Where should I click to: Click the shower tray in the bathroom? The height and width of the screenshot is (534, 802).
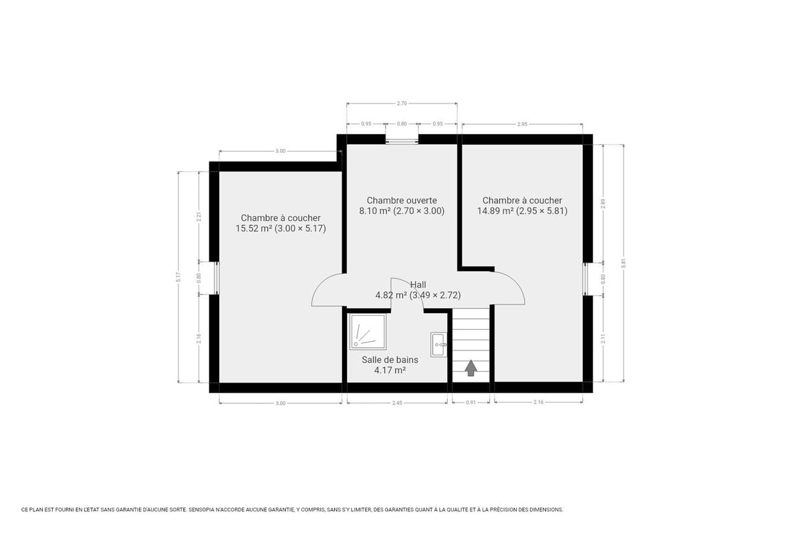pos(368,332)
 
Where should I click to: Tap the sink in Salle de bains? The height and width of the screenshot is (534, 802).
pos(439,344)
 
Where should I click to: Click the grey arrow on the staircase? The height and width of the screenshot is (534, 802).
pos(471,368)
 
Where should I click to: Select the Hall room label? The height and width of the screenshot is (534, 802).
pos(418,285)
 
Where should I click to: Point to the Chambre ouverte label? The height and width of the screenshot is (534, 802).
pos(402,200)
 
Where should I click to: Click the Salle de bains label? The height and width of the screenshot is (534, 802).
pos(390,360)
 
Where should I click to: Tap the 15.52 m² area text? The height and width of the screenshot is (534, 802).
pos(253,228)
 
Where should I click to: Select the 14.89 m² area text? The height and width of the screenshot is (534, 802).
pos(495,211)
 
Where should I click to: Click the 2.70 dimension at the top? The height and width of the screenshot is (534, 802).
pos(402,103)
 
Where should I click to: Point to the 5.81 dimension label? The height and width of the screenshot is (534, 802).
pos(624,263)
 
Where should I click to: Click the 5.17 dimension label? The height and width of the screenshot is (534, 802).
pos(178,277)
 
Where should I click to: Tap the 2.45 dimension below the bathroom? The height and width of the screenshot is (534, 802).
pos(397,403)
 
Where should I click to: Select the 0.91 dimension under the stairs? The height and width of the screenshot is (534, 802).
pos(471,403)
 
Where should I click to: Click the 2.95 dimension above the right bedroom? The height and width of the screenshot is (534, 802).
pos(523,124)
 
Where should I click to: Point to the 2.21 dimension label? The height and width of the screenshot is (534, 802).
pos(198,217)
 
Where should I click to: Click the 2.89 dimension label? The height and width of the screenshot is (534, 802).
pos(604,204)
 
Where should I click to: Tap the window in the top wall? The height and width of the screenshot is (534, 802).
pos(402,140)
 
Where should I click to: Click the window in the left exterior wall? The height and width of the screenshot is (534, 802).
pos(215,278)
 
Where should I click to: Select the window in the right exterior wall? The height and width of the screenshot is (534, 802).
pos(587,279)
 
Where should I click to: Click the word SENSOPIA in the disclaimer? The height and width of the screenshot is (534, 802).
pos(202,510)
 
